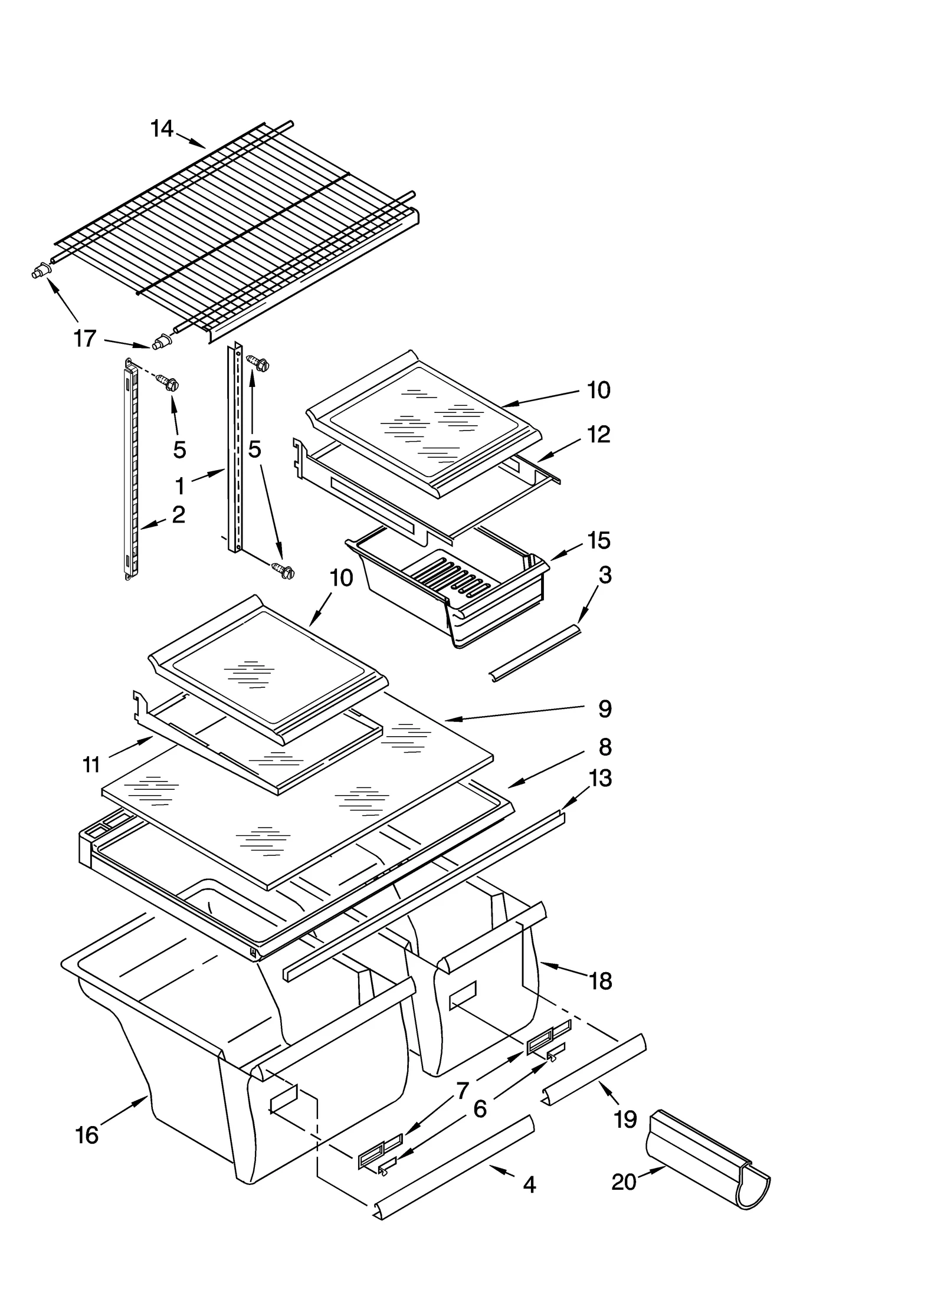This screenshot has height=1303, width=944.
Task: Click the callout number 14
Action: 162,128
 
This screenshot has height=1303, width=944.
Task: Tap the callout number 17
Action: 84,339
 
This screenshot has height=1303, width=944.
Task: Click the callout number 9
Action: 605,708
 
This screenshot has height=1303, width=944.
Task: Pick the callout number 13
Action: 600,778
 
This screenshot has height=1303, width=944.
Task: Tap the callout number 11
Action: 91,765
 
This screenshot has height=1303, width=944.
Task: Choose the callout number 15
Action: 598,540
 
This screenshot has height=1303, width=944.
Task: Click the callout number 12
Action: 598,435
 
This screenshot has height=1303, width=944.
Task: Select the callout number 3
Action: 605,575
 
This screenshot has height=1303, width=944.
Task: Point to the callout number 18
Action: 601,981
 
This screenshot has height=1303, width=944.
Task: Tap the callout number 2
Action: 178,514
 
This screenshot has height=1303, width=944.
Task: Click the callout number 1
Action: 180,486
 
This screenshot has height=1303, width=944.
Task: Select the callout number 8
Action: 605,747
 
